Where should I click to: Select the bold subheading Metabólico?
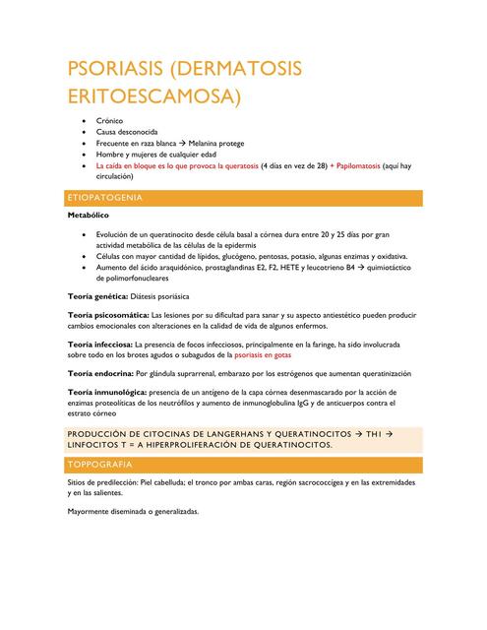point(88,214)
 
